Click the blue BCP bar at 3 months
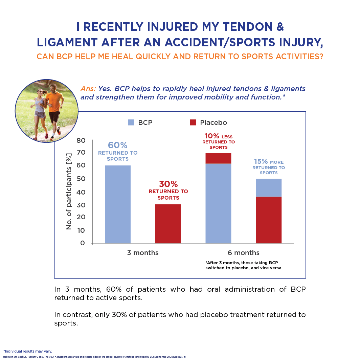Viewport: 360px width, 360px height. point(118,204)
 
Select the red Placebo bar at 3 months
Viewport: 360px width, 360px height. point(168,224)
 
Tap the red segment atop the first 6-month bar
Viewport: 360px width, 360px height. point(219,158)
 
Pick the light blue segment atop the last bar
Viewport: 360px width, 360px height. point(269,187)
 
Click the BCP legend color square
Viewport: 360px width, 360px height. point(131,122)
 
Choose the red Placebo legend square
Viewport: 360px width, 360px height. point(193,122)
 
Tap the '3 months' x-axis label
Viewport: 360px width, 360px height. point(143,253)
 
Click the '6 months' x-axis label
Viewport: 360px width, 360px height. point(244,253)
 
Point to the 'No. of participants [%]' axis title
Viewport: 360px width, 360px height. point(69,192)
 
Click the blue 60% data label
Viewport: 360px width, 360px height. point(118,145)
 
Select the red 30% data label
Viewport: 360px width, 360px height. point(168,184)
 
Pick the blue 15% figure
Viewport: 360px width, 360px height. point(261,161)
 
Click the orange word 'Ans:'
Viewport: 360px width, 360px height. point(88,89)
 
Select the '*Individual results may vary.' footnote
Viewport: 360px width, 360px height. point(28,351)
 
